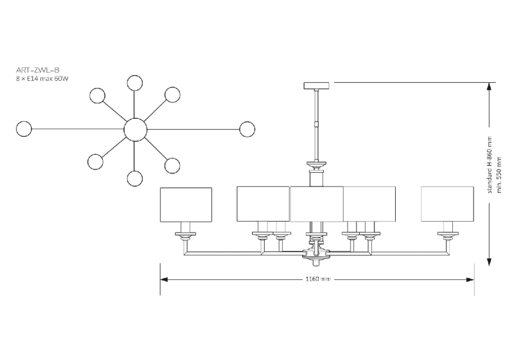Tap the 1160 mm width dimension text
click(x=317, y=279)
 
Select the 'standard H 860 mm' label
click(x=489, y=165)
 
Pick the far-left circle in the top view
click(x=24, y=129)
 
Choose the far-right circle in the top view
click(x=247, y=129)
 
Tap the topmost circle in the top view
click(x=135, y=83)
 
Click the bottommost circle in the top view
click(x=135, y=178)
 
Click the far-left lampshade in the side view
click(x=186, y=205)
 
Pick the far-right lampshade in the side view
click(x=447, y=204)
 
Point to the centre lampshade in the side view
click(x=317, y=204)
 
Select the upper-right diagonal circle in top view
click(x=172, y=95)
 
